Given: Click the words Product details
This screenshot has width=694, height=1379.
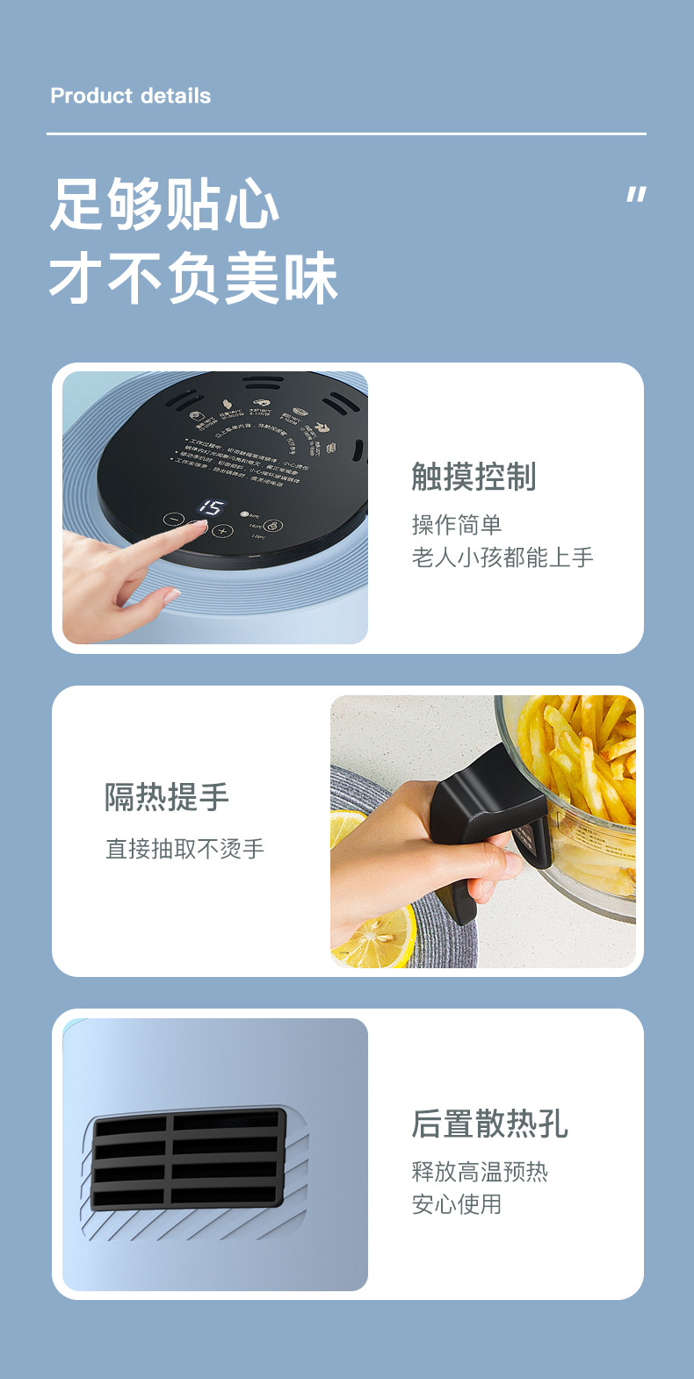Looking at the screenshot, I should tap(130, 96).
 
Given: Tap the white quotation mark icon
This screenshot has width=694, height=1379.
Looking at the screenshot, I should tap(636, 195).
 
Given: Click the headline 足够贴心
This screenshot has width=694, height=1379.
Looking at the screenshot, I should tap(164, 205).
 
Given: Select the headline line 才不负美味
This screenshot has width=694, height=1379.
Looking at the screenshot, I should tap(193, 278).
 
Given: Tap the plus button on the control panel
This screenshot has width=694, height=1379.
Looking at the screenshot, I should tap(223, 531).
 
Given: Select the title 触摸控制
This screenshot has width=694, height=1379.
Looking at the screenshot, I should tap(474, 477).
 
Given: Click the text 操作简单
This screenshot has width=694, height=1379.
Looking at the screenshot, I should tap(457, 525).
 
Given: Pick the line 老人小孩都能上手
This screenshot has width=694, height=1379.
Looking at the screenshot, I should tap(502, 557).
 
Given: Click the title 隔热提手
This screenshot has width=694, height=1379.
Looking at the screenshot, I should tap(167, 797).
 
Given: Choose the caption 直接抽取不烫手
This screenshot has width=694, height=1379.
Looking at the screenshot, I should tap(184, 849).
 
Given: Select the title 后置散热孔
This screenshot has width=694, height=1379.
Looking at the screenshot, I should tap(489, 1124).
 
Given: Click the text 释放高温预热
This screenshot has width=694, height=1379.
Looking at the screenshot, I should tap(480, 1172).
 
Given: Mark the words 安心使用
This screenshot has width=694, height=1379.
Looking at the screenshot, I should tap(457, 1204).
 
